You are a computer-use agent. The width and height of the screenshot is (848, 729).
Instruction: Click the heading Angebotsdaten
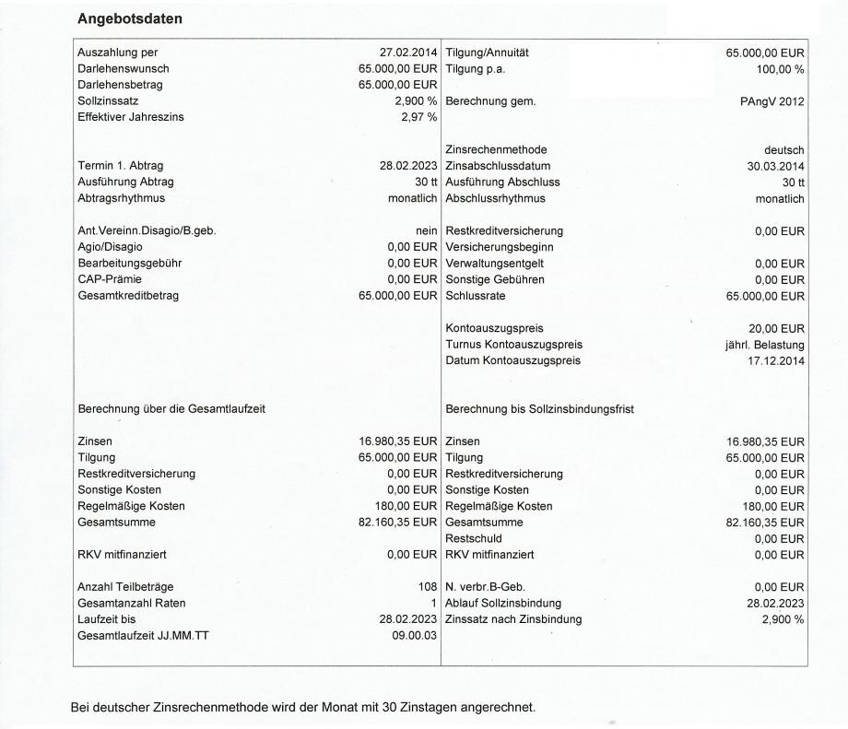pos(129,18)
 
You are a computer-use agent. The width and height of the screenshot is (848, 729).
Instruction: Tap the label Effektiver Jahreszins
pos(130,117)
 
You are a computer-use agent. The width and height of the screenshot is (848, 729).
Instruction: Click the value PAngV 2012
pos(772,101)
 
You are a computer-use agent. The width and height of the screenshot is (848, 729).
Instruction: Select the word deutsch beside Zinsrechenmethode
pos(784,150)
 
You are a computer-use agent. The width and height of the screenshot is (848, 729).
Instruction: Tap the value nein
pos(426,230)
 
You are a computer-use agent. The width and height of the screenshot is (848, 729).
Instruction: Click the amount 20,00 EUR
pos(776,328)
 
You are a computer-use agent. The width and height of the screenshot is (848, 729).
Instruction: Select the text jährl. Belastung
pos(765,345)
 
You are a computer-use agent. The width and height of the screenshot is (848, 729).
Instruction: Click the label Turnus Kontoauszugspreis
pos(513,345)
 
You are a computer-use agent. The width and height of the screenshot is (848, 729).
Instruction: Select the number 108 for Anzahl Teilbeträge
pos(427,586)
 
